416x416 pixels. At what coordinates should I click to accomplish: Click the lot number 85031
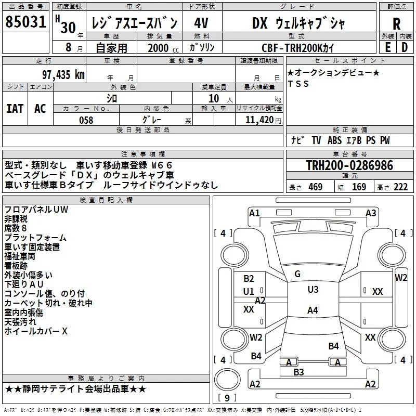pos(25,21)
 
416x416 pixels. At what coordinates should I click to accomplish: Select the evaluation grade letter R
pos(396,24)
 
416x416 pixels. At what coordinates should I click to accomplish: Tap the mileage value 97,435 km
pos(63,75)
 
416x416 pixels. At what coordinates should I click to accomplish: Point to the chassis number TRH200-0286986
pos(349,165)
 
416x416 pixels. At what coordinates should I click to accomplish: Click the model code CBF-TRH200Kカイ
pos(297,48)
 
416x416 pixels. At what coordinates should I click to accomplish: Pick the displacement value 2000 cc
pos(163,48)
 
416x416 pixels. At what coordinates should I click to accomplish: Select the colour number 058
pos(86,120)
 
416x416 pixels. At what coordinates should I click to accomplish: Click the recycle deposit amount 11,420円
pos(263,120)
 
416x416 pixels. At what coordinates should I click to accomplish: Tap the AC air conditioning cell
pos(40,109)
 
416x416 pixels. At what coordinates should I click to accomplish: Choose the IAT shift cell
pos(15,109)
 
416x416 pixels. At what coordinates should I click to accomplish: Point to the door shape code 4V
pos(201,23)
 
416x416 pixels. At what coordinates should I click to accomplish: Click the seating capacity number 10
pos(214,99)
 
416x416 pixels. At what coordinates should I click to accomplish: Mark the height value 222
pos(400,187)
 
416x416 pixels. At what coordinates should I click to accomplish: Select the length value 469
pos(316,187)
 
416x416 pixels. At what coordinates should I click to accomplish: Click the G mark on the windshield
pos(297,274)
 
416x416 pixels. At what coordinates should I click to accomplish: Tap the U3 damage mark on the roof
pos(313,290)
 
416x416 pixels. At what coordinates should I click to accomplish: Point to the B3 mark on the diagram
pos(298,372)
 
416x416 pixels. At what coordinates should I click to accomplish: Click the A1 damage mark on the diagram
pos(254,213)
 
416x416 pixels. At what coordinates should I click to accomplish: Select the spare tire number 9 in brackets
pos(227,398)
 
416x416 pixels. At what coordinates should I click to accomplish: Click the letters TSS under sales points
pos(298,84)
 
